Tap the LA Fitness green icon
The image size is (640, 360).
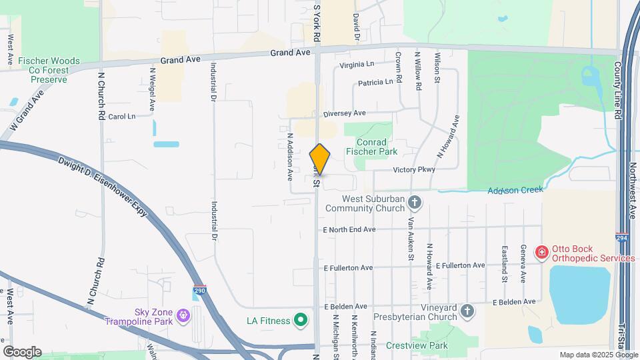tap(301, 321)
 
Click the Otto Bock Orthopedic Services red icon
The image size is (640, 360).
tap(542, 252)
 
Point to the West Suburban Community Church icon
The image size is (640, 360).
tap(415, 202)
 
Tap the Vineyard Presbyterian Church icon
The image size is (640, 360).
tap(468, 311)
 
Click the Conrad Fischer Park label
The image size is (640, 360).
tap(381, 147)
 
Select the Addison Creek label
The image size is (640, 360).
tap(515, 190)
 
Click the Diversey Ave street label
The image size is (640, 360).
tap(344, 113)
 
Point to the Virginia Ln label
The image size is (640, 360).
tap(357, 65)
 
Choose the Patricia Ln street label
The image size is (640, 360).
tap(375, 83)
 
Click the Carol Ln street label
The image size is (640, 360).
tap(121, 117)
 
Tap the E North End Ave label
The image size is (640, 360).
tap(349, 229)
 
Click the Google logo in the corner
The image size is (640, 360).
tap(22, 352)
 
